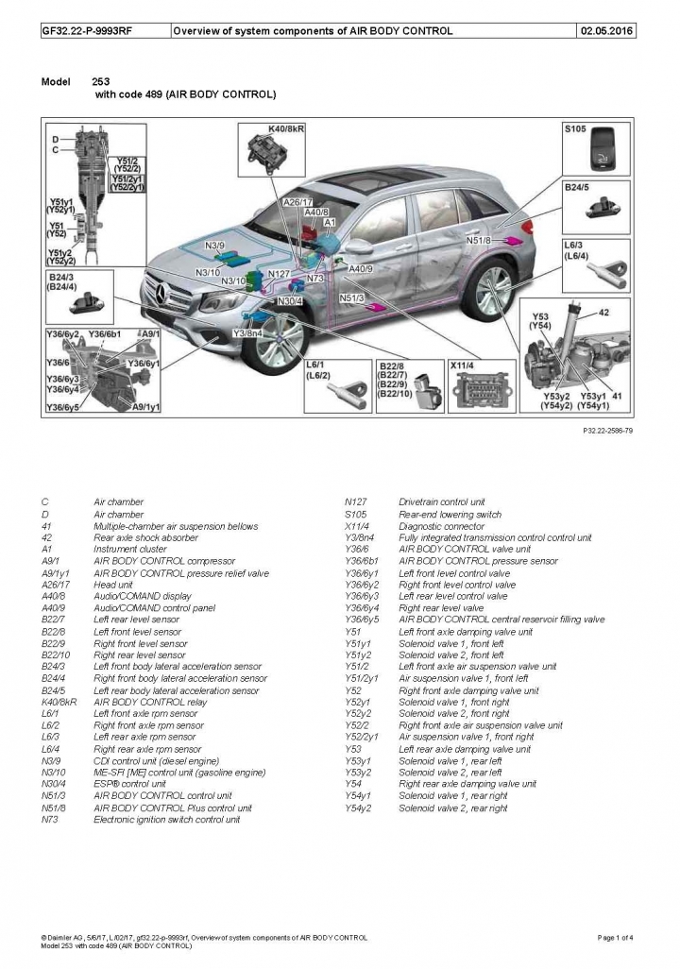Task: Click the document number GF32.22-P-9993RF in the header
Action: [x=86, y=30]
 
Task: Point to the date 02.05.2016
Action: [x=608, y=30]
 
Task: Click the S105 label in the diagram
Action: [x=575, y=127]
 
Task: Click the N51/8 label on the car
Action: [x=479, y=241]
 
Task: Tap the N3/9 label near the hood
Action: [x=215, y=246]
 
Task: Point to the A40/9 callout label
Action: [x=361, y=268]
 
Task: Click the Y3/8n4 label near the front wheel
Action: [x=248, y=333]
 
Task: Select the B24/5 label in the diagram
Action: [x=577, y=188]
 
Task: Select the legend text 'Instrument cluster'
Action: [x=129, y=549]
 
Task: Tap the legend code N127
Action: [x=356, y=501]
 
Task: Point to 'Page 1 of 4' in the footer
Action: [x=616, y=937]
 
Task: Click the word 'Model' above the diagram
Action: [x=56, y=82]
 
